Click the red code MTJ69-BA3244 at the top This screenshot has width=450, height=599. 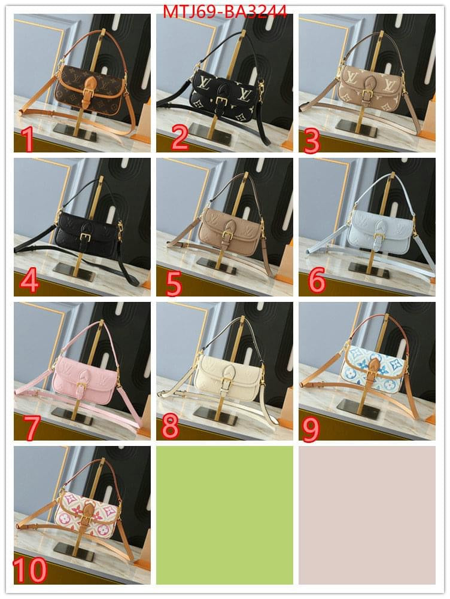tap(225, 11)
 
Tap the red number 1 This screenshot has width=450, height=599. tap(28, 140)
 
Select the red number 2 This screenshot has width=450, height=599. tap(180, 138)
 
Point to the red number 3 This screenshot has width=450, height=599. tap(312, 140)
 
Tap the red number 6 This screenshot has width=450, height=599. tap(317, 280)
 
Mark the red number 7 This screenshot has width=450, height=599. tap(31, 427)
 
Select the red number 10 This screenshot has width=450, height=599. tap(29, 570)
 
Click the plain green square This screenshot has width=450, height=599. tap(224, 515)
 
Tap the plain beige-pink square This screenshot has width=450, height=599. tap(367, 515)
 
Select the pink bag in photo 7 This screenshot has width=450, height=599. tap(85, 381)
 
